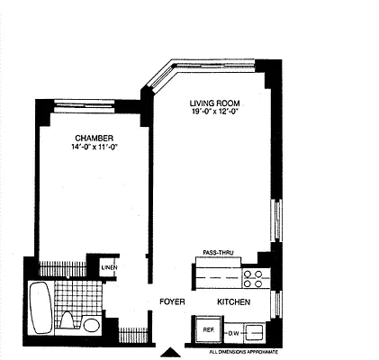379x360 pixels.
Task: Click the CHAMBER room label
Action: point(93,138)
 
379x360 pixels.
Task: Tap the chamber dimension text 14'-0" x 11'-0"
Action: point(94,147)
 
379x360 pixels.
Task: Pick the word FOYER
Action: point(172,302)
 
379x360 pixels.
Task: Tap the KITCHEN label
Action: point(231,302)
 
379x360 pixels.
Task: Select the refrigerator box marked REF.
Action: point(208,330)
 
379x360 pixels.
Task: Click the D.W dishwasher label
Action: point(232,334)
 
